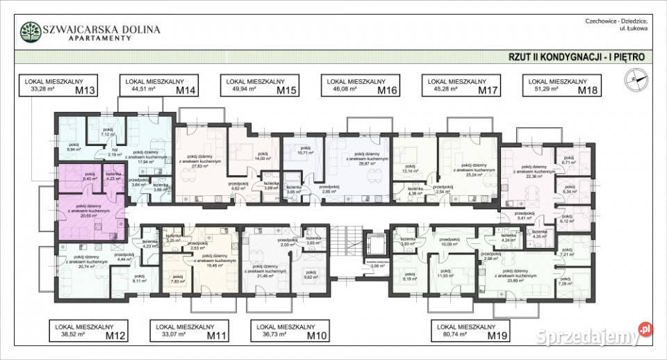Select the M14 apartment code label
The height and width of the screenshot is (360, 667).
click(185, 90)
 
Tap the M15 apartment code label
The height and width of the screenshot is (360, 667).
click(286, 90)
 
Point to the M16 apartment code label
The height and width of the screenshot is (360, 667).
click(387, 90)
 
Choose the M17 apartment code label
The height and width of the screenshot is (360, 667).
click(488, 90)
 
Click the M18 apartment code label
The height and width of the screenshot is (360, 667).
click(589, 90)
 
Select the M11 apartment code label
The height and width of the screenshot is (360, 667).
click(217, 336)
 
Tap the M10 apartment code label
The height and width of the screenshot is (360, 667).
click(318, 336)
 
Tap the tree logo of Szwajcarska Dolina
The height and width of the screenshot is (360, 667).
click(30, 32)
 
